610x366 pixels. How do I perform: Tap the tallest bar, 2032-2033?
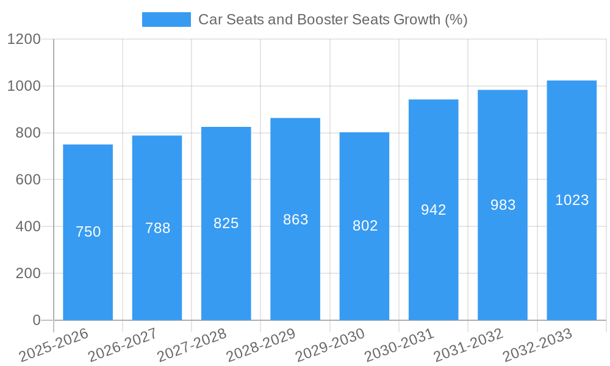(x=572, y=256)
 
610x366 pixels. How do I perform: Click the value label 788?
(x=157, y=228)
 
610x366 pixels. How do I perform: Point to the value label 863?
(x=295, y=220)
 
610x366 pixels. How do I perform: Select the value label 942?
(x=434, y=210)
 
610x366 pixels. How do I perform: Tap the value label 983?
(x=503, y=205)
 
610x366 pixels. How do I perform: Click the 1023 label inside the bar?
(x=572, y=200)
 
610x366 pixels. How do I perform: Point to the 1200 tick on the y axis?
(x=24, y=40)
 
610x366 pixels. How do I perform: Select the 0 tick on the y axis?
(x=36, y=320)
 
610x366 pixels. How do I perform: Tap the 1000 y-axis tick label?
(x=24, y=86)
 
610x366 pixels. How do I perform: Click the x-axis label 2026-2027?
(x=123, y=345)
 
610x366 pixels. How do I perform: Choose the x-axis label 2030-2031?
(x=400, y=345)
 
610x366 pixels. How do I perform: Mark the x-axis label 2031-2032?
(x=468, y=345)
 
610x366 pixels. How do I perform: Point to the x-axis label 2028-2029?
(x=261, y=345)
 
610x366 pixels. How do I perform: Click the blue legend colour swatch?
(x=166, y=20)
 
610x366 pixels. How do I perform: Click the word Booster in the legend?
(x=323, y=20)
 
